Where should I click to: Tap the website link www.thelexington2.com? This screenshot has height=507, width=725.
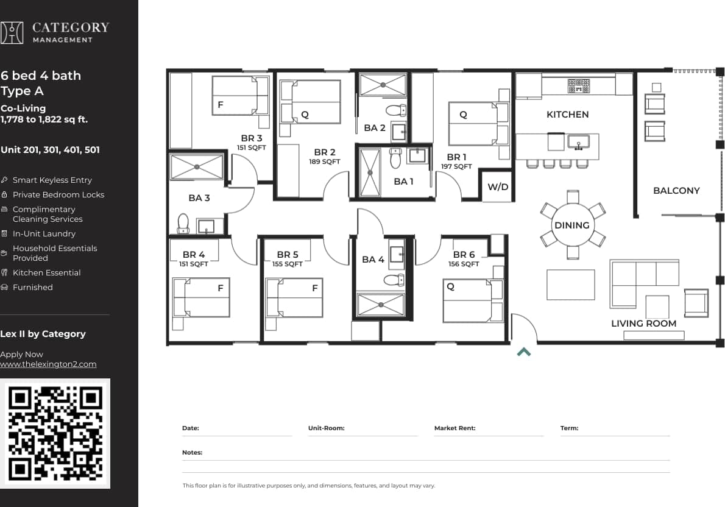point(48,364)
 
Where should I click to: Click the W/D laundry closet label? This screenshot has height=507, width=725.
point(498,187)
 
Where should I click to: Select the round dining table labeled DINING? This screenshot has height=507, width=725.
point(572,225)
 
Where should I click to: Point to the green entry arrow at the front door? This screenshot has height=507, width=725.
point(524,352)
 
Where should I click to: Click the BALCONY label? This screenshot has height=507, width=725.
point(676,191)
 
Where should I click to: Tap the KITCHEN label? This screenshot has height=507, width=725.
point(567,115)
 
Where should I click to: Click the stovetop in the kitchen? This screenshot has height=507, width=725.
point(579,86)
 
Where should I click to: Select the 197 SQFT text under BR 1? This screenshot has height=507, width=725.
point(456,166)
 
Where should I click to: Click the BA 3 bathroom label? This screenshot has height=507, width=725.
point(199,198)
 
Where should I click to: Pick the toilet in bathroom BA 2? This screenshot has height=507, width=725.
point(396,110)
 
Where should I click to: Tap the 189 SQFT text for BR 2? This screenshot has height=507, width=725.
point(325,162)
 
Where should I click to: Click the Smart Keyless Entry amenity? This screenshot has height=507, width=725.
point(52,180)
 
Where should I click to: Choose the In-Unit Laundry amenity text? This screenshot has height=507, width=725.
point(44,234)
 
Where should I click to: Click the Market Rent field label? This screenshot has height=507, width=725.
point(454,428)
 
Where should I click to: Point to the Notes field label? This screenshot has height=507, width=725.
point(192,453)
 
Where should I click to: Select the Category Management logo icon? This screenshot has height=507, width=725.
point(12,33)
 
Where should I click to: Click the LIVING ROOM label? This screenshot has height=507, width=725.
point(643,324)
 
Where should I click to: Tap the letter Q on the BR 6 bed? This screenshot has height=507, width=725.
point(451,287)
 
